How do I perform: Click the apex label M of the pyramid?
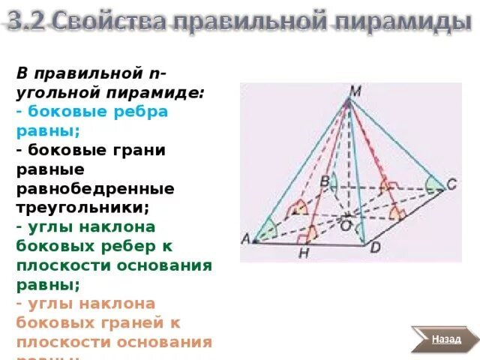click(355, 91)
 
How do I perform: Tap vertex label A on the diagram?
click(245, 239)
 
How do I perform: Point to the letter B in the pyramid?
click(325, 181)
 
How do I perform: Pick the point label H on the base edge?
click(304, 254)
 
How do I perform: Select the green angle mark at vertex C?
click(433, 184)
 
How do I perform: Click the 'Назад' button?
click(445, 339)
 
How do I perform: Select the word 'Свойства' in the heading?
click(104, 22)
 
